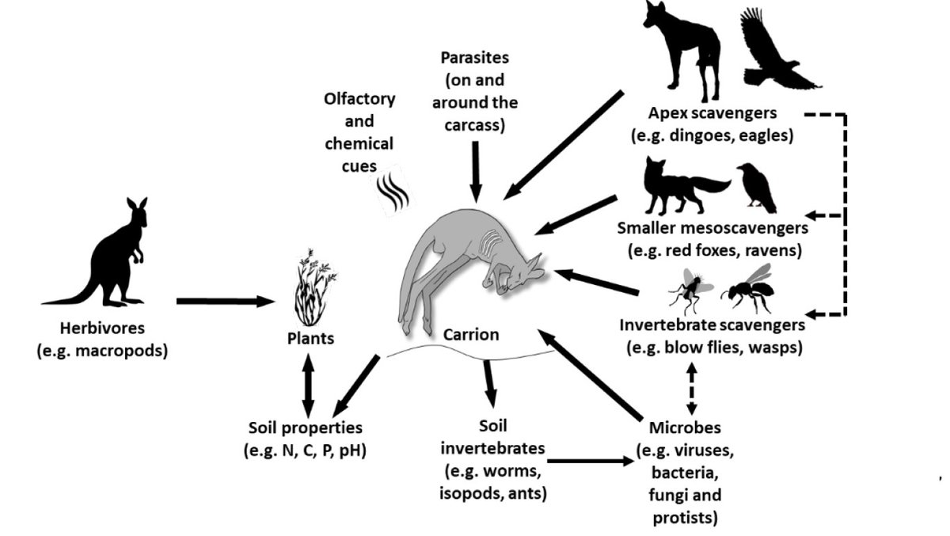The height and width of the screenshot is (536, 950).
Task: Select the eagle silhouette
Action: (x=776, y=51)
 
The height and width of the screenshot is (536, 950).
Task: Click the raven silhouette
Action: (x=757, y=188)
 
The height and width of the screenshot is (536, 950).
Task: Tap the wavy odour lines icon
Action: (x=393, y=191)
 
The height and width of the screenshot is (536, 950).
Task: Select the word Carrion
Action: (x=471, y=335)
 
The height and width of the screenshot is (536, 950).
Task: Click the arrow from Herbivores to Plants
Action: (x=226, y=301)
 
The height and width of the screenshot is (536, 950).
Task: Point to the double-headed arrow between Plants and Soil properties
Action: (x=308, y=385)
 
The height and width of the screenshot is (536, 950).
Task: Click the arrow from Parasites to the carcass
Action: (x=476, y=172)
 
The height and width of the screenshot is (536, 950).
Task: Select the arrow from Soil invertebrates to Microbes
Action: (x=591, y=461)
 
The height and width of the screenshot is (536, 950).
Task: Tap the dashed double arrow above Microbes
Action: (x=692, y=389)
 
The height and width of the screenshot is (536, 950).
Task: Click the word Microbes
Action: (x=685, y=428)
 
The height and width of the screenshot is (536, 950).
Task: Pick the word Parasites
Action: (x=474, y=58)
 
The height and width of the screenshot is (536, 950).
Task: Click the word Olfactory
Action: (x=359, y=99)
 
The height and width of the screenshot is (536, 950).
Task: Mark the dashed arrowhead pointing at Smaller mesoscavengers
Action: (x=811, y=215)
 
